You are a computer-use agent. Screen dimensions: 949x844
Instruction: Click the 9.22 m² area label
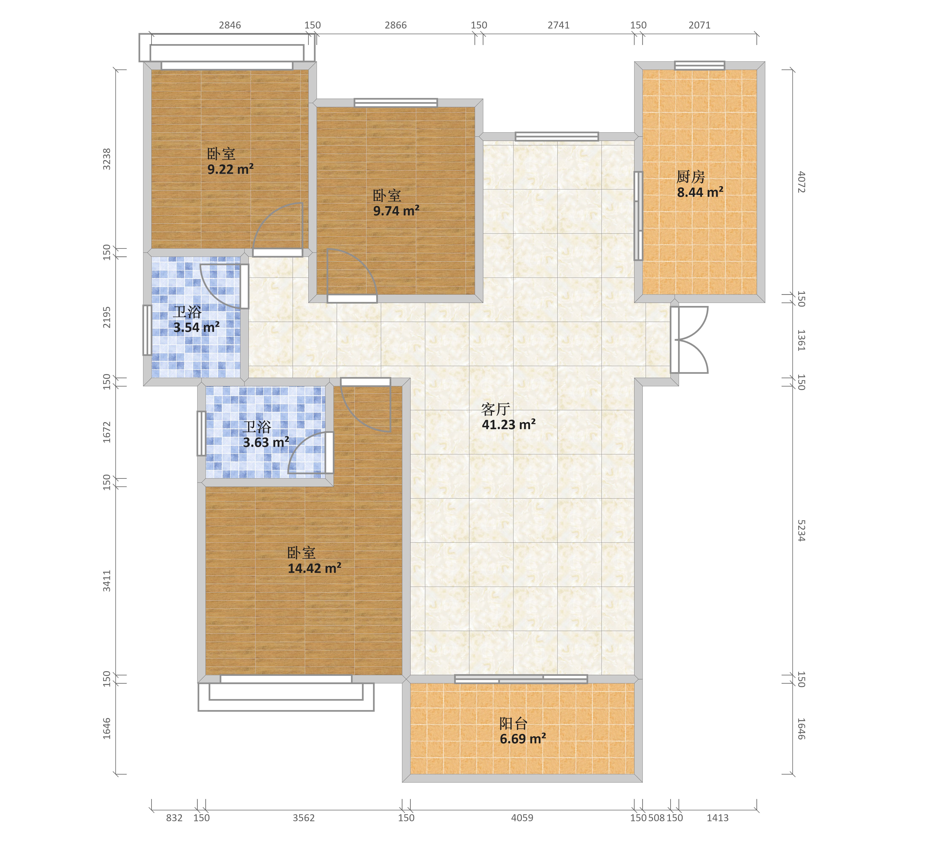[x=230, y=169]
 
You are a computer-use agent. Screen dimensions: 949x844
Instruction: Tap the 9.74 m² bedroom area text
[x=396, y=211]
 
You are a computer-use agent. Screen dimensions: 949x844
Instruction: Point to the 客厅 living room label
[x=495, y=409]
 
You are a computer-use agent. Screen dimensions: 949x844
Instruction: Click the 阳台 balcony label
[x=514, y=723]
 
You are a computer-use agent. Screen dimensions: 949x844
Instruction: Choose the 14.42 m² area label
[x=314, y=568]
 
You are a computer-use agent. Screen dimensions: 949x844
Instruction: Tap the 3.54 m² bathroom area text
[x=196, y=327]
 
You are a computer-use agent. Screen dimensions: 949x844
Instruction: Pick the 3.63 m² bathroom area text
[x=266, y=442]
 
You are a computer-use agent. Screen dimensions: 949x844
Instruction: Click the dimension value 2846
[x=230, y=25]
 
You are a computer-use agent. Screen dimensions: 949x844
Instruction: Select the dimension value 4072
[x=801, y=182]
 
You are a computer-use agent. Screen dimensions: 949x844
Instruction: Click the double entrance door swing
[x=689, y=339]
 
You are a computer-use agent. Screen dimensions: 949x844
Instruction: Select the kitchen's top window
[x=700, y=65]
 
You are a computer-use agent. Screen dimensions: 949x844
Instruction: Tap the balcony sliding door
[x=521, y=679]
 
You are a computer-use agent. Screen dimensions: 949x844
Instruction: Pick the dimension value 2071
[x=700, y=25]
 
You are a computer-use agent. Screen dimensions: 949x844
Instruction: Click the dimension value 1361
[x=801, y=340]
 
